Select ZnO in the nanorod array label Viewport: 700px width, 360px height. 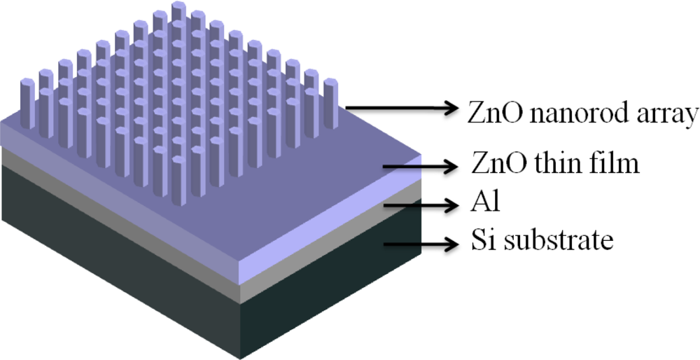click(489, 112)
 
